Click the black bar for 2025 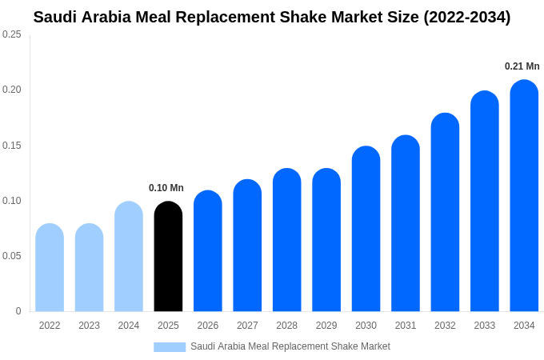(168, 257)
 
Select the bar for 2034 (524, 196)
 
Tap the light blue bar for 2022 (50, 268)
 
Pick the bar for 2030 (366, 229)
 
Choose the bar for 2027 (247, 246)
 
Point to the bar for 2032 (445, 213)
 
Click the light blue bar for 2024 (129, 257)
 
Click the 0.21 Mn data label (522, 66)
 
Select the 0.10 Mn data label (166, 188)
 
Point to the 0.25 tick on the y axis (12, 34)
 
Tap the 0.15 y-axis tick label (12, 146)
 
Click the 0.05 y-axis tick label (12, 256)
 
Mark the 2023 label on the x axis (89, 326)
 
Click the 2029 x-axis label (326, 326)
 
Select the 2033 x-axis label (484, 326)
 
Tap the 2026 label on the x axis (208, 326)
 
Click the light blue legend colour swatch (170, 347)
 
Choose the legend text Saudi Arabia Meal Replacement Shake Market (290, 346)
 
